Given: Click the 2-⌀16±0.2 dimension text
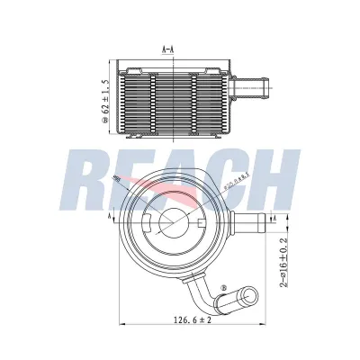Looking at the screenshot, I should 283,261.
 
